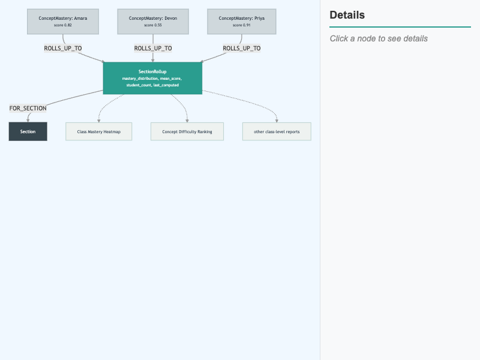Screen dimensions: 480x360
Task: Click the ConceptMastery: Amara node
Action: click(63, 22)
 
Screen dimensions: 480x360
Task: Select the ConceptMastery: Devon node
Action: click(153, 22)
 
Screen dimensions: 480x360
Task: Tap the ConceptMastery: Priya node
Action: click(242, 22)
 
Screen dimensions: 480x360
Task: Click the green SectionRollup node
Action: click(152, 78)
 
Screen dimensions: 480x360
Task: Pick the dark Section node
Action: click(28, 131)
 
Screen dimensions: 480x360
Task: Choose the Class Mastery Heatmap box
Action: click(99, 131)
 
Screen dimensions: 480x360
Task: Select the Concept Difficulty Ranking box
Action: click(187, 131)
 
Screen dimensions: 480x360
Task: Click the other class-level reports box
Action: click(277, 131)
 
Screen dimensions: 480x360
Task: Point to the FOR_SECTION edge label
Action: click(28, 109)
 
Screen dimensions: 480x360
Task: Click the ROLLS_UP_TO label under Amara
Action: click(63, 49)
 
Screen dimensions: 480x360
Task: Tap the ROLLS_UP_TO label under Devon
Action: click(153, 49)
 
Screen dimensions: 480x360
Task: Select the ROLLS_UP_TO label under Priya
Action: click(242, 49)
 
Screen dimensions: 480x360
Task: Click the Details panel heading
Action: click(347, 15)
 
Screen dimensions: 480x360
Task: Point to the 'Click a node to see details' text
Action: click(379, 38)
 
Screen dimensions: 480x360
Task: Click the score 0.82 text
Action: click(63, 25)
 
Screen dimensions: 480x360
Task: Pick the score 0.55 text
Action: click(153, 25)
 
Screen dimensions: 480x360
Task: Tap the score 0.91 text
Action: click(242, 25)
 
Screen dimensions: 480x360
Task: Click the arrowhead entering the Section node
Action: click(28, 121)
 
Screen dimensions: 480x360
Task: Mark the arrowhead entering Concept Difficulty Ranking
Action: click(187, 121)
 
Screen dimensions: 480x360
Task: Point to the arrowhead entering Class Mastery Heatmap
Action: click(99, 121)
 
